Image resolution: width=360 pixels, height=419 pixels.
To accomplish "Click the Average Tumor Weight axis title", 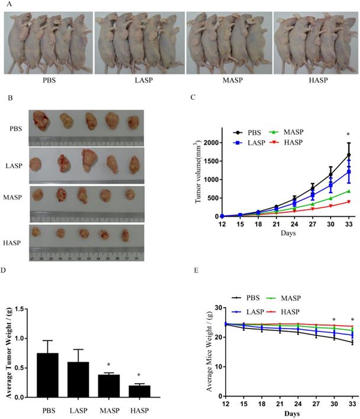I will (x=8, y=352).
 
